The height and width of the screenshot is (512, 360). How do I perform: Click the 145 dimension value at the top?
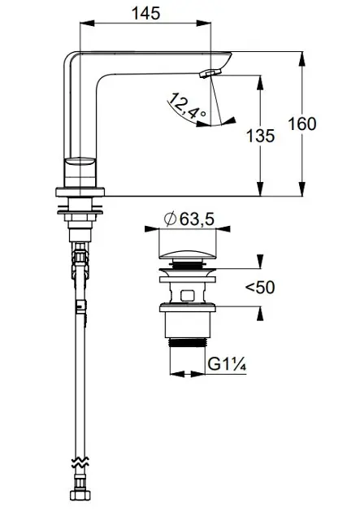coord(146,13)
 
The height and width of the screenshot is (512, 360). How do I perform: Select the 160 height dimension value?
coord(302,124)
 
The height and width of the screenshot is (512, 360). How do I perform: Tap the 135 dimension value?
coord(260,136)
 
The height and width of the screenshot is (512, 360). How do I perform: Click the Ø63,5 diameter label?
coord(189,219)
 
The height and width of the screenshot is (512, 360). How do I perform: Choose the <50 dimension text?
coord(260,288)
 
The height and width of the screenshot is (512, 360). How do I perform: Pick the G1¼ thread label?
coord(227,364)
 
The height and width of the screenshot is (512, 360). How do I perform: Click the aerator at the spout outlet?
coord(210,73)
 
